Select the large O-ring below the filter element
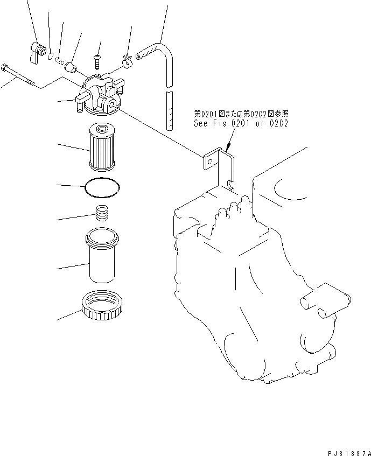(x=103, y=187)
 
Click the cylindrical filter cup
(x=102, y=257)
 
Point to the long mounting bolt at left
(x=19, y=75)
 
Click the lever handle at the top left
(x=37, y=53)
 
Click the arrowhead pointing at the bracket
(x=228, y=146)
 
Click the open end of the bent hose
(x=140, y=54)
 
